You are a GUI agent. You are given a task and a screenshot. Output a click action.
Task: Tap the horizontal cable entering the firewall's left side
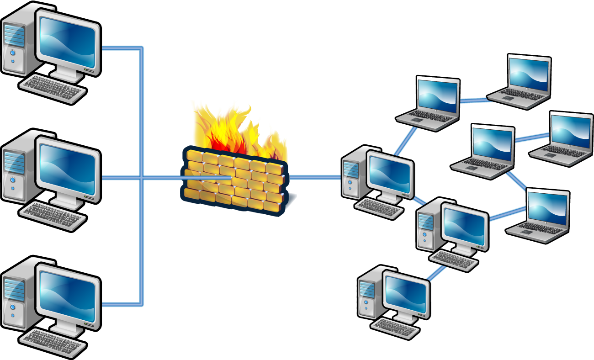click(164, 179)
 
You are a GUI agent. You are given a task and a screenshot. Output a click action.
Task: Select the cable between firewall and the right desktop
click(315, 178)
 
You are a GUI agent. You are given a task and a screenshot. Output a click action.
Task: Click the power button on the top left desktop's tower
click(13, 60)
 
